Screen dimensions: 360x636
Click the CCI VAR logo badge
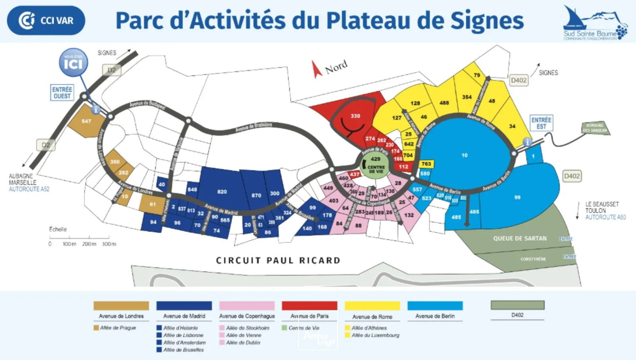46,20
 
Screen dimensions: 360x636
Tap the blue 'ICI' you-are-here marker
74,63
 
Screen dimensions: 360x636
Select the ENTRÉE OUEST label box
62,93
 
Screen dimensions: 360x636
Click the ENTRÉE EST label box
541,123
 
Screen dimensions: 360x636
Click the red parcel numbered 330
355,116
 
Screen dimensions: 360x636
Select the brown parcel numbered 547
86,121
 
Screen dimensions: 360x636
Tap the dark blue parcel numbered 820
222,192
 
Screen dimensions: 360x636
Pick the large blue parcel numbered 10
464,155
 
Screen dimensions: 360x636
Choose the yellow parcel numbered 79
477,75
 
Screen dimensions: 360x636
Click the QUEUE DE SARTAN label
520,238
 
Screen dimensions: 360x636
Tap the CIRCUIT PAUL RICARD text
278,261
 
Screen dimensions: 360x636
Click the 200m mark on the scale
89,244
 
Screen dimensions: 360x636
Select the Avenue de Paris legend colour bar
309,306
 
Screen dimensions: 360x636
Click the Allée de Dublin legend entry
243,343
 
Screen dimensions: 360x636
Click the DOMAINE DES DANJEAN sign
595,128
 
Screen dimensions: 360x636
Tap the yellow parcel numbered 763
426,164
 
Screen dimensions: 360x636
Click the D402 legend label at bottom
517,315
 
